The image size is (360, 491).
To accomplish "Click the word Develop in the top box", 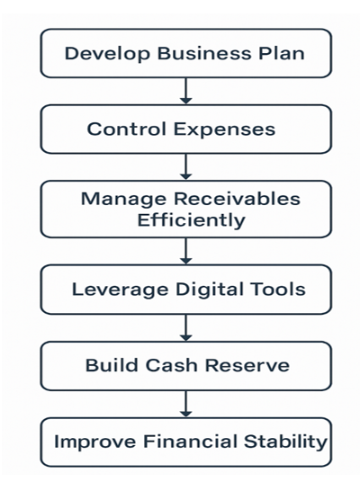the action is (x=107, y=54).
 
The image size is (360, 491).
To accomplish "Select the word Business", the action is (x=204, y=53).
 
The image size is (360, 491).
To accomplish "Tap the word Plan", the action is (x=281, y=53).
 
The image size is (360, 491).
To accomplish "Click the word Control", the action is (x=126, y=129).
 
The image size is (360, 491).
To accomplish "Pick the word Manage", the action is (x=123, y=200).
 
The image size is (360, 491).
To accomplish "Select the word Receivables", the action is (x=237, y=199).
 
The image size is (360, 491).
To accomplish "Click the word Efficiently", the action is (x=191, y=220).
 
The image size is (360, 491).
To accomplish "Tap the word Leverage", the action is (x=120, y=290).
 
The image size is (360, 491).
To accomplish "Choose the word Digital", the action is (x=210, y=290).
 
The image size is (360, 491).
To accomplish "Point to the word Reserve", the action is (x=247, y=365).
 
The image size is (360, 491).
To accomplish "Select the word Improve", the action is (x=94, y=442).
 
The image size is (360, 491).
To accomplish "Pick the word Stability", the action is (x=285, y=442).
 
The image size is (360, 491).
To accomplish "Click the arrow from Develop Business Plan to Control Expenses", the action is (x=185, y=91).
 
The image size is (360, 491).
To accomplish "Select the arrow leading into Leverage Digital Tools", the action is (x=185, y=251).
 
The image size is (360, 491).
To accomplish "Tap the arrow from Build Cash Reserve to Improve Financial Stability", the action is (x=185, y=404).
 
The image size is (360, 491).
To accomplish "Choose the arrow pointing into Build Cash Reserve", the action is (x=185, y=327).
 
